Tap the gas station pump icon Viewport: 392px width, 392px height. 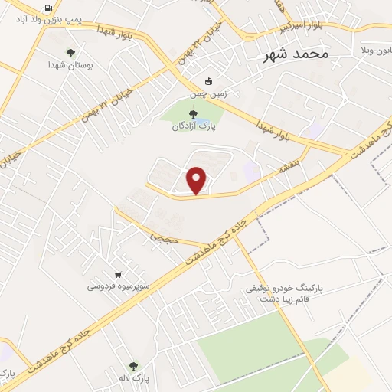(x=49, y=9)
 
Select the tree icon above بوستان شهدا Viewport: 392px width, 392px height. (x=71, y=53)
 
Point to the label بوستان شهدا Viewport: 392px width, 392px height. (x=71, y=66)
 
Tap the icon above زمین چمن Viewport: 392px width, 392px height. (x=208, y=81)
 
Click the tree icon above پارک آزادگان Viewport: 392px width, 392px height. (x=192, y=114)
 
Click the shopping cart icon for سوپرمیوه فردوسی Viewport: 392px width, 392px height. (x=118, y=275)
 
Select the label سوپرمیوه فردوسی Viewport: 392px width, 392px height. (x=117, y=287)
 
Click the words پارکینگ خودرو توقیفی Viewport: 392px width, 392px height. (x=286, y=289)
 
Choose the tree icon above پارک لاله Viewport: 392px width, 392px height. (x=133, y=367)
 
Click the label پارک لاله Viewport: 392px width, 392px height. (x=134, y=379)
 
